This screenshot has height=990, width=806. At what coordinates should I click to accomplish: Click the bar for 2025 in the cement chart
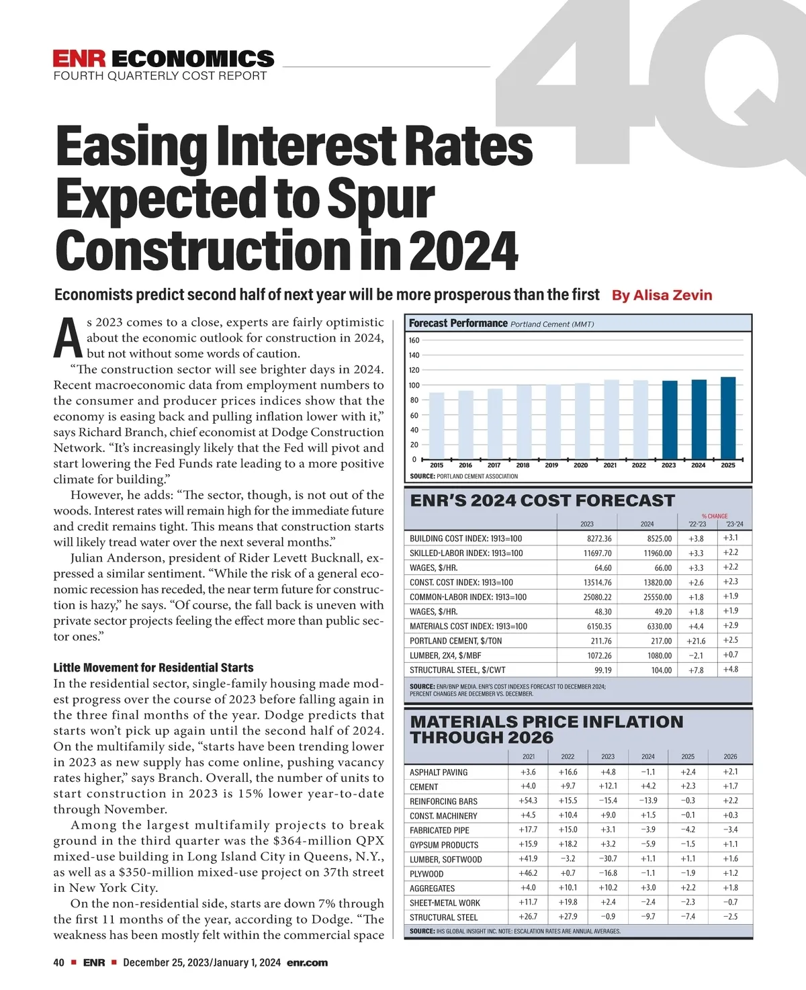point(728,418)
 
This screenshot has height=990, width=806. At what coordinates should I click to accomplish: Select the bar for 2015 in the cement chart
point(437,426)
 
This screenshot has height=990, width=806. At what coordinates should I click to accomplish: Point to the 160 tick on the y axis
point(414,341)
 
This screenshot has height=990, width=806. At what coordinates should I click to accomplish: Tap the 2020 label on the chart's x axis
point(581,465)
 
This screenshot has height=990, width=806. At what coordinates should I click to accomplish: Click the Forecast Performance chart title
point(458,323)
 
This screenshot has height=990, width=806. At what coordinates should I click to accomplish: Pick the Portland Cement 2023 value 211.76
point(598,641)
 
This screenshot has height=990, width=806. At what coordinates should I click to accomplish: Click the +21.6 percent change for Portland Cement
point(696,641)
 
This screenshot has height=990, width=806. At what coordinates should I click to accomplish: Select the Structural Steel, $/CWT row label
point(457,670)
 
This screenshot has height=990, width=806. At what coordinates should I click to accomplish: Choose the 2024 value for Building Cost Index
point(658,539)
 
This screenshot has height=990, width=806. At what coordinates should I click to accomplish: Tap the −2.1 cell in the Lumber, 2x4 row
point(696,656)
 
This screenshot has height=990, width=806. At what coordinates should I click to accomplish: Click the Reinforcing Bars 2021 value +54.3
point(528,801)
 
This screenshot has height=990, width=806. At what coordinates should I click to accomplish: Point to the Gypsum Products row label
point(444,845)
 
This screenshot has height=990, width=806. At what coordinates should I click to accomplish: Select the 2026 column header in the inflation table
point(730,756)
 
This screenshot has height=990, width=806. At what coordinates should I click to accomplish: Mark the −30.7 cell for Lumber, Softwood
point(607,859)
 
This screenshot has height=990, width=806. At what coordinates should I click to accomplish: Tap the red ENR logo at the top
point(79,58)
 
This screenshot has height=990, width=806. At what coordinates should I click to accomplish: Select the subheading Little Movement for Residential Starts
point(153,668)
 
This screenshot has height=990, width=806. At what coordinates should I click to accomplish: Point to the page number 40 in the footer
point(59,962)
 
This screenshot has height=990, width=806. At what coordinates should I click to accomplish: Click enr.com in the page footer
point(307,962)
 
